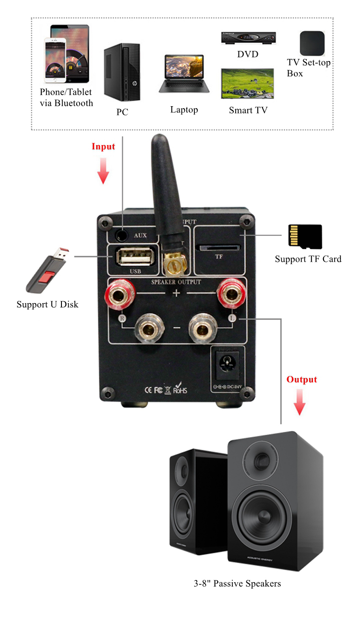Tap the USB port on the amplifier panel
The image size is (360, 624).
tap(135, 257)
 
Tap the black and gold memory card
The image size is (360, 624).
tap(305, 237)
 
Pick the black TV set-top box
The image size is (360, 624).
tap(312, 44)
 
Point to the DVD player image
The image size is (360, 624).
tap(248, 38)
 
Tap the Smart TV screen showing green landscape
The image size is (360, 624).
tap(247, 84)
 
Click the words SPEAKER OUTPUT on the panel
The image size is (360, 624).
tap(177, 281)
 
